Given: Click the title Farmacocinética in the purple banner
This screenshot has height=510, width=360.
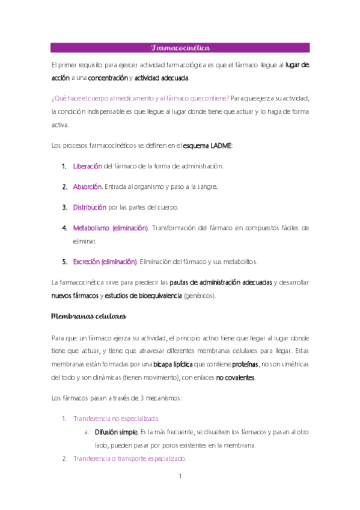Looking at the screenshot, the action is tap(180, 48).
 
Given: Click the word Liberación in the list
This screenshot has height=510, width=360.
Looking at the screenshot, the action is tap(88, 165).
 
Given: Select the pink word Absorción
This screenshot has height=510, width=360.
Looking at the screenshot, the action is tap(87, 186).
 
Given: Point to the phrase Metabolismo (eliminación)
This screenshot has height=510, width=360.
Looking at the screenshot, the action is tap(111, 228).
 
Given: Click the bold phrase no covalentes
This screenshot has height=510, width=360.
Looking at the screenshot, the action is tap(235, 378).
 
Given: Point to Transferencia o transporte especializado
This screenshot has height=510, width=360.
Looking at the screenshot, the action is tap(129, 459).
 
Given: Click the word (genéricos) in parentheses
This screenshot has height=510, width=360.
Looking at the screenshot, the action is tap(203, 296).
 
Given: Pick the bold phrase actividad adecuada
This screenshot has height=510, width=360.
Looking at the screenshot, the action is tap(162, 78).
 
